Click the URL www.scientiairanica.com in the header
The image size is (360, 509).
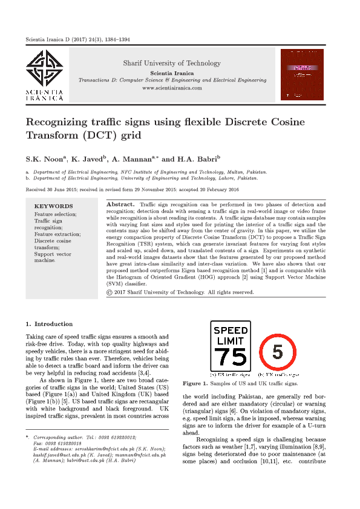pos(172,88)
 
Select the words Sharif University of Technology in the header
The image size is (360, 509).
pos(172,63)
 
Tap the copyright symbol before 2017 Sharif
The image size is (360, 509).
pos(109,292)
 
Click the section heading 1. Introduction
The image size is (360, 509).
pos(49,324)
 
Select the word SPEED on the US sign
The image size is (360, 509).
pos(231,330)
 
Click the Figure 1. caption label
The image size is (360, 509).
pos(196,383)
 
